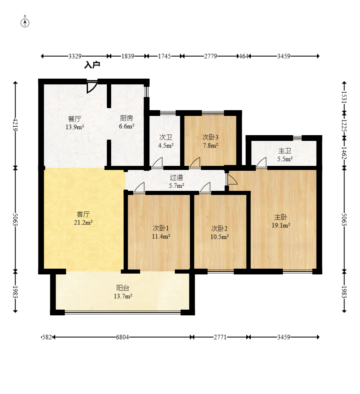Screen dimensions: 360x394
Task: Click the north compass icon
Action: (25, 23)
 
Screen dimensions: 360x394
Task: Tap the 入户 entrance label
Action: (92, 65)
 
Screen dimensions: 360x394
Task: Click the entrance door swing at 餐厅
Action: (92, 87)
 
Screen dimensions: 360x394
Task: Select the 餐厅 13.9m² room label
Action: (74, 122)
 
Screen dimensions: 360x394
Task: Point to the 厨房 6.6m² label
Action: (126, 122)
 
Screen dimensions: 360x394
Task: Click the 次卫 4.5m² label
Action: (166, 141)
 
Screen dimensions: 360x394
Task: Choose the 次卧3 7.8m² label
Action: (210, 141)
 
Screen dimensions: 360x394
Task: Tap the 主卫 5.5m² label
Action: (285, 154)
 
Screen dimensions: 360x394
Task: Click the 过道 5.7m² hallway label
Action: (176, 181)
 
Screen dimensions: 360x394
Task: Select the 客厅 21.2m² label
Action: (83, 218)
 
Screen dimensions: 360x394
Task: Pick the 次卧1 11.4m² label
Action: (161, 232)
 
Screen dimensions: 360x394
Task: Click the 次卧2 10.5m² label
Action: (219, 233)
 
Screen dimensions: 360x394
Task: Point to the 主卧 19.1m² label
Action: (281, 221)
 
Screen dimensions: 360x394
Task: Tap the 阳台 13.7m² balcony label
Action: (123, 292)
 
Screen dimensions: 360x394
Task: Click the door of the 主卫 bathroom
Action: (261, 162)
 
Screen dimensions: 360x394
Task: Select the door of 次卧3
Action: (195, 162)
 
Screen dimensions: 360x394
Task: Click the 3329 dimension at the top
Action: (75, 56)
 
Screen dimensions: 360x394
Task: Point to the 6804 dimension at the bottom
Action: (122, 337)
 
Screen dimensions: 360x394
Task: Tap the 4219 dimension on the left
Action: (16, 125)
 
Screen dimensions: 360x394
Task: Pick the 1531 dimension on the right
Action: (344, 97)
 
